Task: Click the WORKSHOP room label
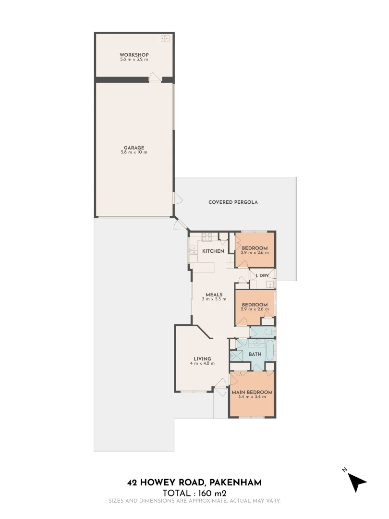[134, 55]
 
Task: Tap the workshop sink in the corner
[166, 38]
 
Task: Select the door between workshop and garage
[155, 78]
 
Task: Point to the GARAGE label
[134, 148]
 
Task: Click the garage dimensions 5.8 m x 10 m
[134, 152]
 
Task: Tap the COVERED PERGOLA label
[233, 202]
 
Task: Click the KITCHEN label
[213, 251]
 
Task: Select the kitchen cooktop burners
[207, 237]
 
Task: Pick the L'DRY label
[262, 275]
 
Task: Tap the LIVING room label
[202, 358]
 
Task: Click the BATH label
[255, 355]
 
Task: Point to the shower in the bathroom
[236, 356]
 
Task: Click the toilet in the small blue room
[271, 331]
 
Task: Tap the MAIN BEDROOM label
[252, 392]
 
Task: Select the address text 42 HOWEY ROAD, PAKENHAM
[194, 482]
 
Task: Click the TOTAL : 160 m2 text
[194, 493]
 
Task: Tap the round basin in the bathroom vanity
[257, 343]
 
